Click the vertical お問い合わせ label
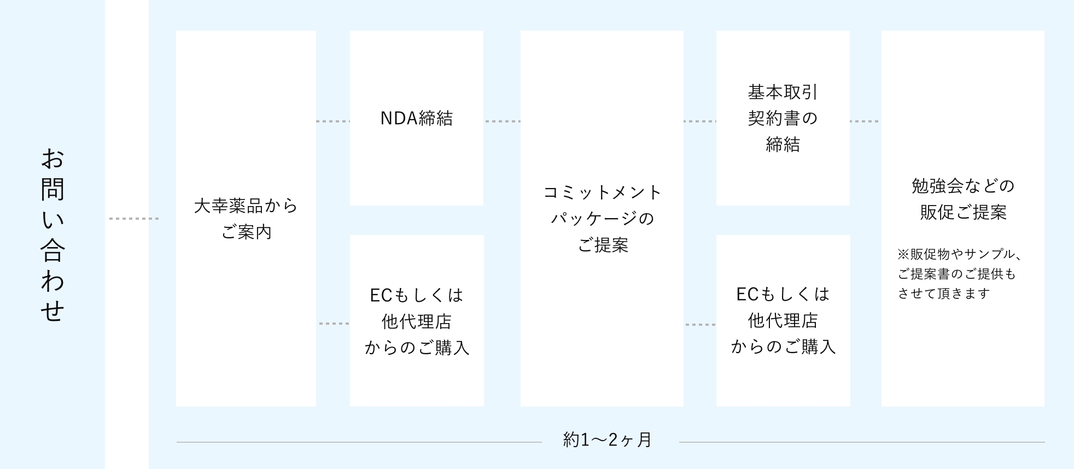[x=52, y=234]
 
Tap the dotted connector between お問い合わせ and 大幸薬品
[x=134, y=219]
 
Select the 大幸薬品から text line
[x=246, y=206]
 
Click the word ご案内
[x=246, y=232]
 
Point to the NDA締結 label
[x=417, y=119]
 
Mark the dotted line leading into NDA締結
[x=332, y=121]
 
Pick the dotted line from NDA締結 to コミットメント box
[x=502, y=121]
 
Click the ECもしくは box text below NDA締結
[x=417, y=321]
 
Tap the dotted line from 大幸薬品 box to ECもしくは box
[x=334, y=324]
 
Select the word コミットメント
[x=603, y=192]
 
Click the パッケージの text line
[x=603, y=219]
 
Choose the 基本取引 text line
[x=783, y=92]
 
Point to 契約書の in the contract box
[x=783, y=119]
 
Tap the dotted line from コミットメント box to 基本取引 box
[x=699, y=121]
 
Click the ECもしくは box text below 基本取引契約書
[x=783, y=320]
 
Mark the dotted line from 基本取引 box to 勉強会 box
[x=865, y=121]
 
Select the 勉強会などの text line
[x=963, y=186]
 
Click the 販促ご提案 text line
[x=963, y=212]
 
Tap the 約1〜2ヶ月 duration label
[x=608, y=440]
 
